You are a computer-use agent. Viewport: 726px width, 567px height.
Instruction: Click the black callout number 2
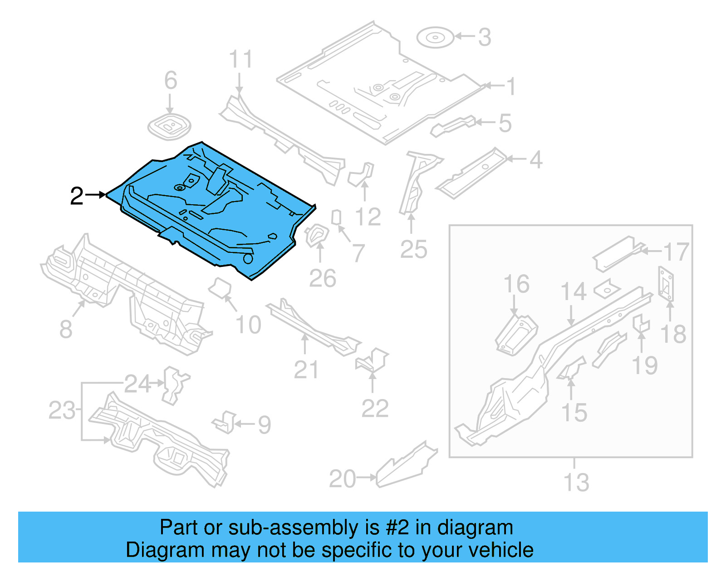coord(77,196)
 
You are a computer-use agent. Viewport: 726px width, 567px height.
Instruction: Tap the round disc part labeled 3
coord(435,37)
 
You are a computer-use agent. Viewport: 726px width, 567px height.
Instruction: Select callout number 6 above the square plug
coord(171,80)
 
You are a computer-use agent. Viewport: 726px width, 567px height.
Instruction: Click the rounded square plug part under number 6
coord(169,126)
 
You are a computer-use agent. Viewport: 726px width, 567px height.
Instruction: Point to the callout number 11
coord(240,59)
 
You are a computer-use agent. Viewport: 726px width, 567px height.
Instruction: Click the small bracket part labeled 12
coord(362,174)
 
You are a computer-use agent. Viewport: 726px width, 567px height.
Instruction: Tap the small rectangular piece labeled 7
coord(336,217)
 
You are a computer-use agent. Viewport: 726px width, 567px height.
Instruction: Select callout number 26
coord(322,278)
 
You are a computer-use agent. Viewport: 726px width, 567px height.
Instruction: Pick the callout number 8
coord(66,329)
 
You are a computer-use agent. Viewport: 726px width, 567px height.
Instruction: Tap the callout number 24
coord(137,384)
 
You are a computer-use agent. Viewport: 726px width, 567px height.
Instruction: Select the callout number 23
coord(62,410)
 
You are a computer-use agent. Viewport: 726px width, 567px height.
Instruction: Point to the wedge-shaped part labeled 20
coord(405,468)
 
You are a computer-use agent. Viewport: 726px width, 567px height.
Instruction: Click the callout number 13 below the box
coord(576,482)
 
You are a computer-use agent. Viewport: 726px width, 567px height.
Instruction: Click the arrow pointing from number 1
coord(494,85)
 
